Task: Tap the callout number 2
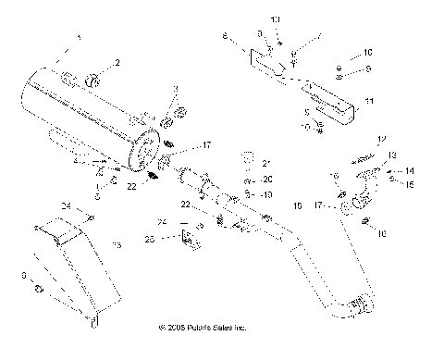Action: [117, 63]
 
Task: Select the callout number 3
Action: [174, 89]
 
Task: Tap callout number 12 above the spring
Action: [379, 139]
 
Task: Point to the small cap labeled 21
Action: [247, 155]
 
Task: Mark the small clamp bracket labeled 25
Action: [191, 242]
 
